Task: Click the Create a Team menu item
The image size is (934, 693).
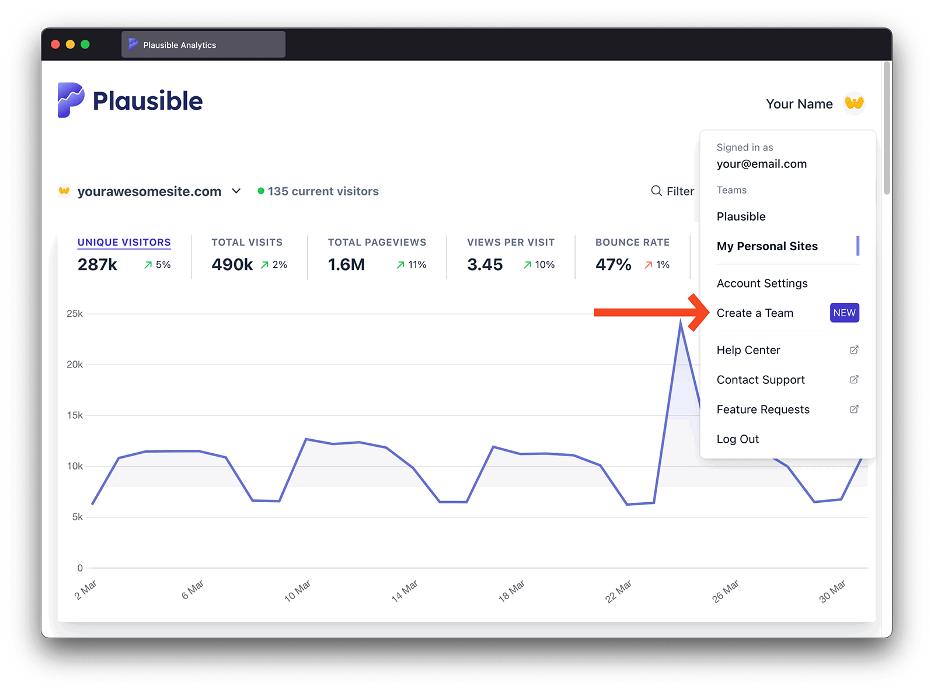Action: (755, 313)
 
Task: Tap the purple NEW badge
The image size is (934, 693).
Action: (844, 313)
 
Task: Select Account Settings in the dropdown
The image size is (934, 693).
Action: (762, 283)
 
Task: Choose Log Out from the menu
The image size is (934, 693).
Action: (737, 439)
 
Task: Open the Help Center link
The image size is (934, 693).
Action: (748, 350)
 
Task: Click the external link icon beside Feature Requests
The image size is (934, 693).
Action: (854, 409)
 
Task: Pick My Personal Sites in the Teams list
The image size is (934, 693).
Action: (767, 246)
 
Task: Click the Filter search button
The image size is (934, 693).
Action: (672, 191)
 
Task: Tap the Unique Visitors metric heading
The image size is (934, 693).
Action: (124, 242)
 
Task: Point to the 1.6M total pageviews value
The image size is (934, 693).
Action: (346, 265)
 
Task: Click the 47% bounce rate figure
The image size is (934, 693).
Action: (613, 265)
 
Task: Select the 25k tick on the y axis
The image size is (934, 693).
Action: (75, 314)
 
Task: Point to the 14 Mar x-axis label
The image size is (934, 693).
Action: (405, 591)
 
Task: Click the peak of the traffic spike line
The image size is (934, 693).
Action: (680, 322)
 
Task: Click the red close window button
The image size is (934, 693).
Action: (55, 44)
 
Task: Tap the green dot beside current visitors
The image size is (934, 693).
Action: (261, 191)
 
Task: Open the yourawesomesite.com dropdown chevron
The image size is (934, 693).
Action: (236, 191)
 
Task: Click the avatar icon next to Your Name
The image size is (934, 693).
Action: (854, 103)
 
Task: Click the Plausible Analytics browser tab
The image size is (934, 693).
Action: (203, 45)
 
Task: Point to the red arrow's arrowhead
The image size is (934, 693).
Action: (700, 313)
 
